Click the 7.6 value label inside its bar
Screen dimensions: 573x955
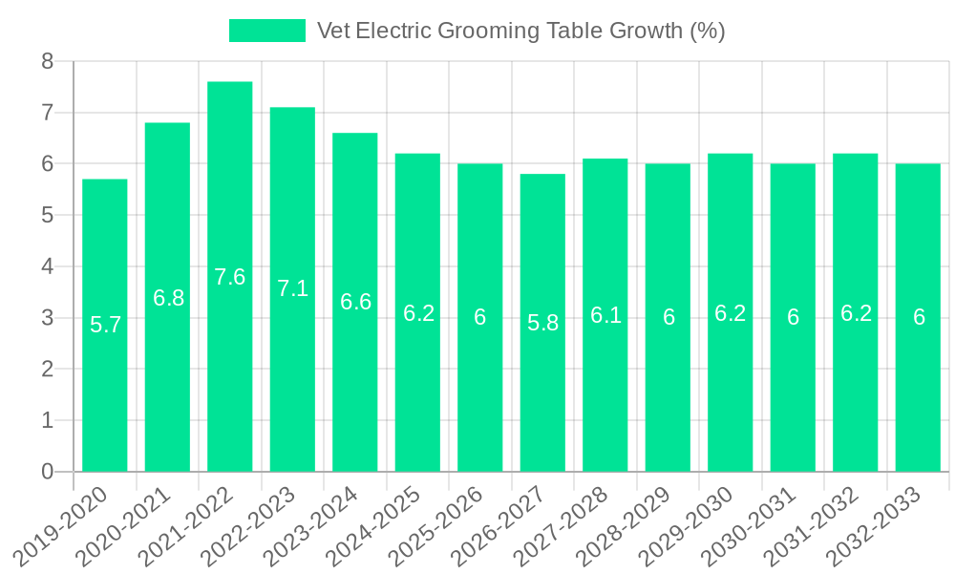coord(229,277)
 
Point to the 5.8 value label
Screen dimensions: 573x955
coord(542,323)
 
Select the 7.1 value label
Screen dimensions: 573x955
coord(292,287)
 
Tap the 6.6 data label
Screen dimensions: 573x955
coord(355,302)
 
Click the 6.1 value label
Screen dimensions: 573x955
coord(605,315)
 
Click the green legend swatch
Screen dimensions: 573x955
coord(266,31)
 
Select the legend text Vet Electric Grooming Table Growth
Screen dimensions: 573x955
coord(521,31)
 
